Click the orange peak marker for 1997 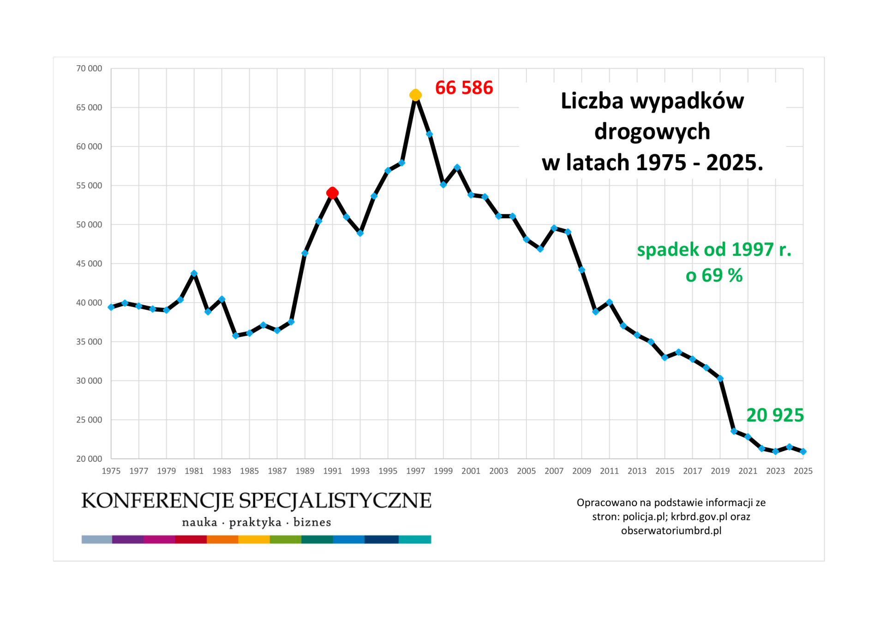pos(415,95)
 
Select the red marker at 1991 pos(332,193)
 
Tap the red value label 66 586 pos(464,88)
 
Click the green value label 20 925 pos(775,415)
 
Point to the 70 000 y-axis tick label pos(89,68)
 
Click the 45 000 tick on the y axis pos(89,264)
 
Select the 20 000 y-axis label pos(89,458)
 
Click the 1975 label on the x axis pos(111,471)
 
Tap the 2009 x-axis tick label pos(581,471)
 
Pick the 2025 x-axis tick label pos(803,471)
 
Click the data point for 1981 pos(194,274)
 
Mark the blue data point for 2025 pos(803,452)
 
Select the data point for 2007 pos(554,228)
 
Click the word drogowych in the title pos(652,132)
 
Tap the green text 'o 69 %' pos(714,276)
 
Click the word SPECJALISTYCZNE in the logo pos(335,501)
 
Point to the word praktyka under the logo pos(255,522)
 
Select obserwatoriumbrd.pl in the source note pos(671,531)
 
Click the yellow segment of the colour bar pos(254,539)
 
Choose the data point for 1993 pos(360,233)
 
